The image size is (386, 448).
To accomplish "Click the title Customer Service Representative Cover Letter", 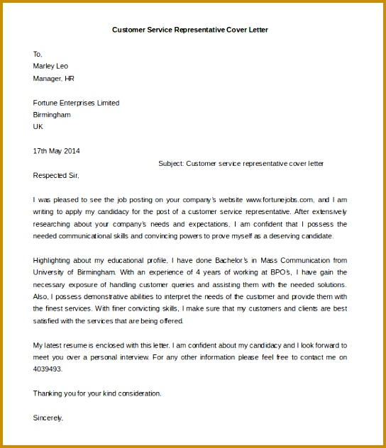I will (x=190, y=30).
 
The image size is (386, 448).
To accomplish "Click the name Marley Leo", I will (x=50, y=66).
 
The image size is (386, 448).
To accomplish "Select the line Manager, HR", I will (x=53, y=78).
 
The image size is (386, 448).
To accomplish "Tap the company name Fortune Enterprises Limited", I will (x=76, y=103).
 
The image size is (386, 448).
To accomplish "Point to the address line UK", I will (x=38, y=127).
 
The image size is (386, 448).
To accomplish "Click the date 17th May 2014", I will (x=57, y=151).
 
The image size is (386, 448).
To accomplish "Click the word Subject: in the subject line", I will (x=170, y=163).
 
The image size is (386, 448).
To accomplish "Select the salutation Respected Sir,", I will (x=57, y=175).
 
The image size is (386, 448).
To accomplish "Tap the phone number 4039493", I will (x=47, y=369).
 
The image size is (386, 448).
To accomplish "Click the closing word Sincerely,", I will (x=48, y=418).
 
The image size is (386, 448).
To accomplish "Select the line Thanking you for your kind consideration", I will (x=97, y=393).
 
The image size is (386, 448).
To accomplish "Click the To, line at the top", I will (x=38, y=54).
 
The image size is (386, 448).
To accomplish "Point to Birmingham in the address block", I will (x=52, y=115).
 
